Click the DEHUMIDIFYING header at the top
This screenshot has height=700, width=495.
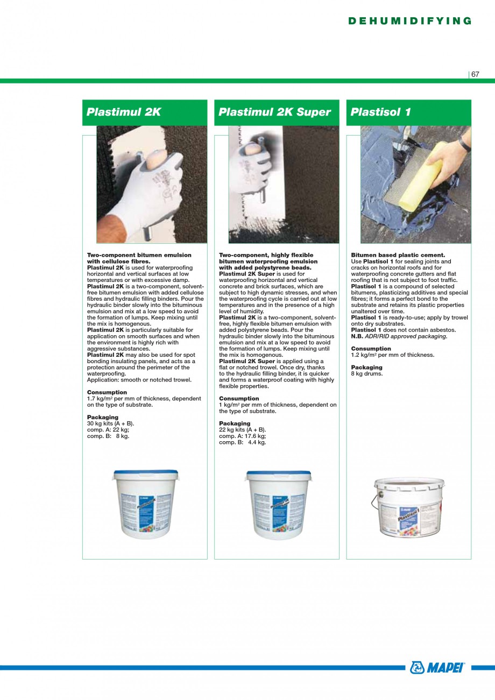(x=410, y=21)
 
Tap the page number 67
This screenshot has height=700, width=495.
(x=475, y=75)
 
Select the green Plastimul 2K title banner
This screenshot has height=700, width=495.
(x=145, y=112)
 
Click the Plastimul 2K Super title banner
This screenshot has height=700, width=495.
(x=277, y=112)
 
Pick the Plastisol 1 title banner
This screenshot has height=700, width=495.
(x=408, y=112)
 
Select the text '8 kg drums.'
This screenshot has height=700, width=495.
(x=367, y=373)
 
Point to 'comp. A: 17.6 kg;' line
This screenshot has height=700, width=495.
(x=242, y=436)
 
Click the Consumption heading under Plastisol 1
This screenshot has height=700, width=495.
(x=367, y=349)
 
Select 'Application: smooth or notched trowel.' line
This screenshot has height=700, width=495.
(x=139, y=380)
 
